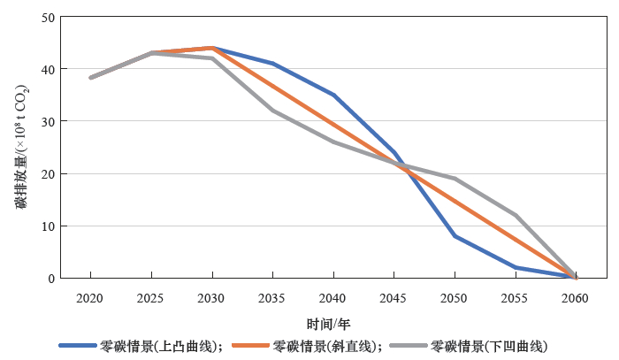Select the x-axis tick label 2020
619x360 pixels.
(x=91, y=298)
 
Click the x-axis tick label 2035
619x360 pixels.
(x=273, y=298)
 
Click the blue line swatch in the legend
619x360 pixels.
(x=78, y=346)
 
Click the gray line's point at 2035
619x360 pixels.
(x=273, y=111)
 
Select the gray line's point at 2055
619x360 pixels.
(x=516, y=215)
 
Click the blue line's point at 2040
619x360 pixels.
(x=333, y=95)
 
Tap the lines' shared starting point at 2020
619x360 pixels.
(x=91, y=78)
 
